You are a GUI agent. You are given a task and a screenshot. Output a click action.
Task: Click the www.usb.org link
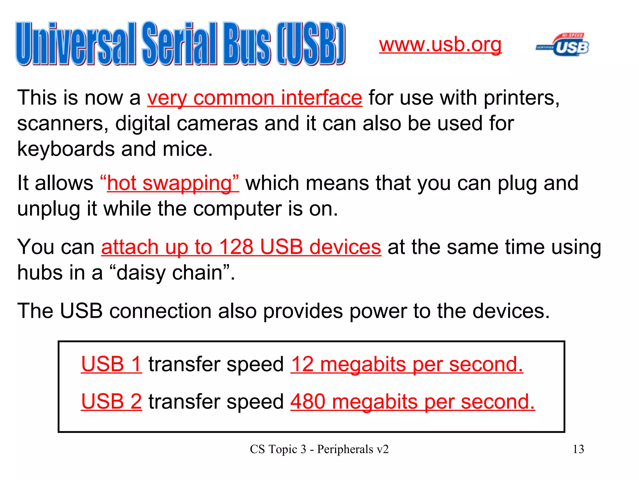pyautogui.click(x=440, y=45)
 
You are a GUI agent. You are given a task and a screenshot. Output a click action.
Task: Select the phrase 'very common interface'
pyautogui.click(x=255, y=98)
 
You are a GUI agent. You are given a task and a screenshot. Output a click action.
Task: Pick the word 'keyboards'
pyautogui.click(x=66, y=149)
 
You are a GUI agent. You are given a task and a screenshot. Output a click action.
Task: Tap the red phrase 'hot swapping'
pyautogui.click(x=169, y=183)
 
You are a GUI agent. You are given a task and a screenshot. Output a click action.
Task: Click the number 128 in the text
pyautogui.click(x=236, y=247)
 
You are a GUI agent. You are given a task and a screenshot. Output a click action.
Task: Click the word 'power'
pyautogui.click(x=378, y=311)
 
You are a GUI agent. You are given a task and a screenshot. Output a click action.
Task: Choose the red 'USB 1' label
pyautogui.click(x=111, y=364)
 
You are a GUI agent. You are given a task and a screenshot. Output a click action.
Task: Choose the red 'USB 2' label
pyautogui.click(x=111, y=401)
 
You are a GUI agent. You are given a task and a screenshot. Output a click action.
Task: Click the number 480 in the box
pyautogui.click(x=308, y=401)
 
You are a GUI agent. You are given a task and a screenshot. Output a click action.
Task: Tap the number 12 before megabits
pyautogui.click(x=302, y=364)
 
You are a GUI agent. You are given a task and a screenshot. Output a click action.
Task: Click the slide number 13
pyautogui.click(x=578, y=449)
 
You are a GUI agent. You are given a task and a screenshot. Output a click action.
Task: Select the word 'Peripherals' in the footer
pyautogui.click(x=345, y=449)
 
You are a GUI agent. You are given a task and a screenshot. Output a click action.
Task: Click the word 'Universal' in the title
pyautogui.click(x=76, y=44)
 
